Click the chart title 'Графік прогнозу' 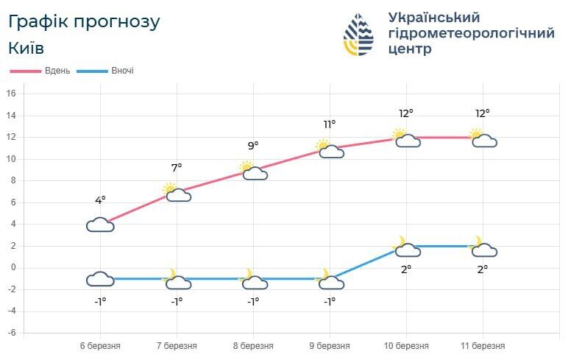coord(84,21)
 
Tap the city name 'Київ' coord(26,48)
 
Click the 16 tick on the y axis coord(11,93)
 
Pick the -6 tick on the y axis coord(11,333)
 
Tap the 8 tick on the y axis coord(12,180)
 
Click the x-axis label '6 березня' coord(100,345)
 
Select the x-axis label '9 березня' coord(330,345)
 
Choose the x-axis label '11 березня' coord(483,345)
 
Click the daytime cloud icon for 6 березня coord(100,225)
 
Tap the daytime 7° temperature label coord(177,168)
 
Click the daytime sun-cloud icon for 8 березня coord(252,171)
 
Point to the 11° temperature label coord(330,124)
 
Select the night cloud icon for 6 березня coord(100,279)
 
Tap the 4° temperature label coord(100,200)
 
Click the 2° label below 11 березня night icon coord(483,269)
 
